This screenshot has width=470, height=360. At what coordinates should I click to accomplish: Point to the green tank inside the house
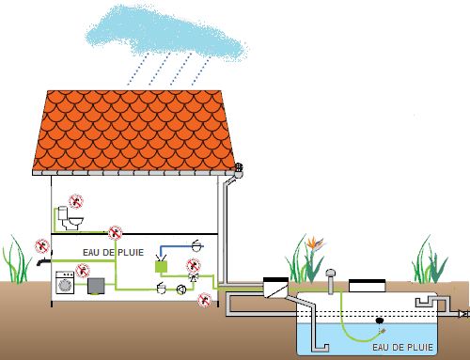(159, 267)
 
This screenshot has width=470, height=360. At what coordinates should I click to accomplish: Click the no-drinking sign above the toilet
(79, 199)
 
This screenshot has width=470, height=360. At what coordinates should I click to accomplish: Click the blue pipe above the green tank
(170, 249)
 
